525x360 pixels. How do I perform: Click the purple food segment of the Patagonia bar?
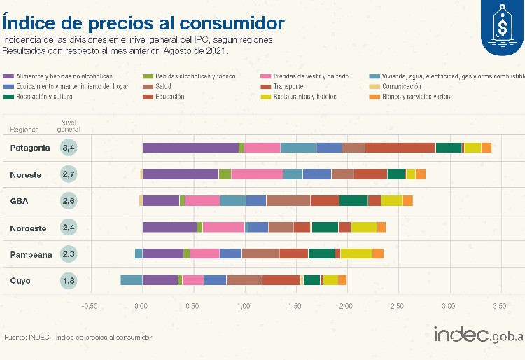190,148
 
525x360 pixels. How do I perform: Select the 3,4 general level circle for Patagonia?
69,148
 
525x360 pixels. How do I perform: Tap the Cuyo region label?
20,281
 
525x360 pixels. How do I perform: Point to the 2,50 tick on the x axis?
396,307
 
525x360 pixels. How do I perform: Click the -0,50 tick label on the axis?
89,307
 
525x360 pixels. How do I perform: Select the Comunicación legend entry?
401,86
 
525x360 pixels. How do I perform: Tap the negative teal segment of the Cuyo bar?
131,280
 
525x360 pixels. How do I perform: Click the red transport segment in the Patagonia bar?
400,148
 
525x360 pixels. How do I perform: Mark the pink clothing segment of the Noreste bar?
257,174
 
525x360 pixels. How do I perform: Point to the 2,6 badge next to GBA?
69,201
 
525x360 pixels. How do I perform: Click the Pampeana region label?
31,255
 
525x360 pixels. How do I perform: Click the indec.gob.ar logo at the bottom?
478,336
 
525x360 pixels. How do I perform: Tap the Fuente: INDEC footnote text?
78,338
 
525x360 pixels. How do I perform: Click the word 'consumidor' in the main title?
229,22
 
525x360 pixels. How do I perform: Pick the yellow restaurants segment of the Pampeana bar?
356,254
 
